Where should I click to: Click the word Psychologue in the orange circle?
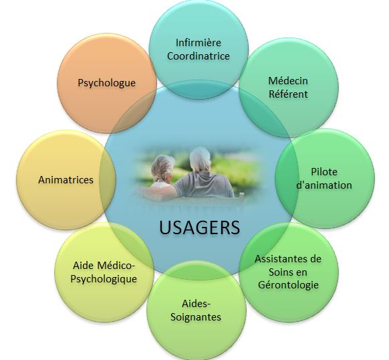(107, 83)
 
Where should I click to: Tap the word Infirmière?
(199, 42)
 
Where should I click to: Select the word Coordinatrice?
(199, 56)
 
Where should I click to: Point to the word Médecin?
(288, 81)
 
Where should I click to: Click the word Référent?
(288, 94)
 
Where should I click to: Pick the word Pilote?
(324, 172)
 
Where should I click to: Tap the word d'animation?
(324, 185)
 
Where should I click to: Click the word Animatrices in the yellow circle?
(66, 180)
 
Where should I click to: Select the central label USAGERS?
(199, 228)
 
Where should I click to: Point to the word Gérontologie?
(288, 284)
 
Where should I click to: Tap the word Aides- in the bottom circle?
(196, 304)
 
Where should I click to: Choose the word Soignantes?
(196, 317)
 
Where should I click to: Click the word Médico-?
(116, 266)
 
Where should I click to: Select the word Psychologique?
(104, 279)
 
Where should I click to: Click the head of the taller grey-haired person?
(200, 159)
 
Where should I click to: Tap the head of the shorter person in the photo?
(162, 168)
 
